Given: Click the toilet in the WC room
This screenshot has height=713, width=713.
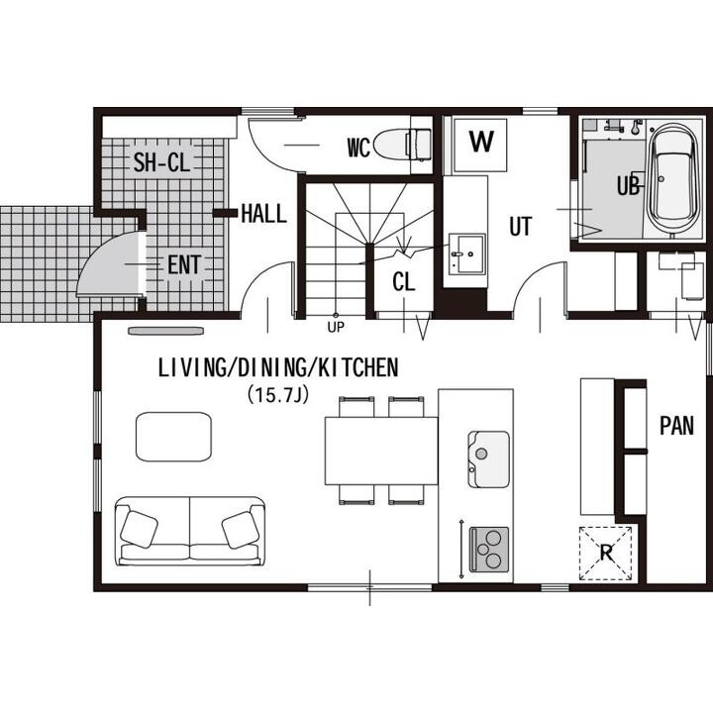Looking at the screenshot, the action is [x=402, y=144].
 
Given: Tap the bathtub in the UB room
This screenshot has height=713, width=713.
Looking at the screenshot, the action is [x=672, y=178].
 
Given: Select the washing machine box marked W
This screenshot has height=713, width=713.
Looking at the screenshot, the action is [x=480, y=145].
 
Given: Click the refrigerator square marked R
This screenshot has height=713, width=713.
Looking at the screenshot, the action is [x=606, y=553].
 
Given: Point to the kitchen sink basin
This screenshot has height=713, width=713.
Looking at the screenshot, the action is [x=488, y=458].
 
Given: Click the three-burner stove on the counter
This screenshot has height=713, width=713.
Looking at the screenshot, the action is [x=489, y=549].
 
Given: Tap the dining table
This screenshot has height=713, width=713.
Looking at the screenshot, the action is [x=381, y=451].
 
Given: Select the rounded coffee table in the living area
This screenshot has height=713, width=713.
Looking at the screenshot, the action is [x=173, y=436].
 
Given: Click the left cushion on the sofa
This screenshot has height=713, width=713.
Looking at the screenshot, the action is [x=140, y=528].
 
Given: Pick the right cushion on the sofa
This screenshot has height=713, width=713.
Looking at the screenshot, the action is [x=241, y=529].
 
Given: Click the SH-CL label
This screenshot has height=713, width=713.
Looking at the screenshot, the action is [x=161, y=162].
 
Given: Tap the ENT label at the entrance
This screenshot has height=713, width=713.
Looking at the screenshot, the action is [x=184, y=265].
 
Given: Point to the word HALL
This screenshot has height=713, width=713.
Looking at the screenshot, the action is [x=263, y=213].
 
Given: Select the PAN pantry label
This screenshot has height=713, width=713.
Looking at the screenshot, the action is [x=676, y=426].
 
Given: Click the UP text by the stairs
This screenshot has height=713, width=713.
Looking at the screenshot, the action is [x=336, y=327].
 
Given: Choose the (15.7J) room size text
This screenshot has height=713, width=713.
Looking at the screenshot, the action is [x=278, y=395].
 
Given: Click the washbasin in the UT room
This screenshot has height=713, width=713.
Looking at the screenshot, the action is [x=466, y=254].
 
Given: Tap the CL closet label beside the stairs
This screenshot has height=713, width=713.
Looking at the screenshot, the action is [x=404, y=282].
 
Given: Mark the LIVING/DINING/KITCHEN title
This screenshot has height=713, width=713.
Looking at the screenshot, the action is [x=278, y=367].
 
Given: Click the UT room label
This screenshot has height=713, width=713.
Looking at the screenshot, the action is [x=520, y=226].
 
